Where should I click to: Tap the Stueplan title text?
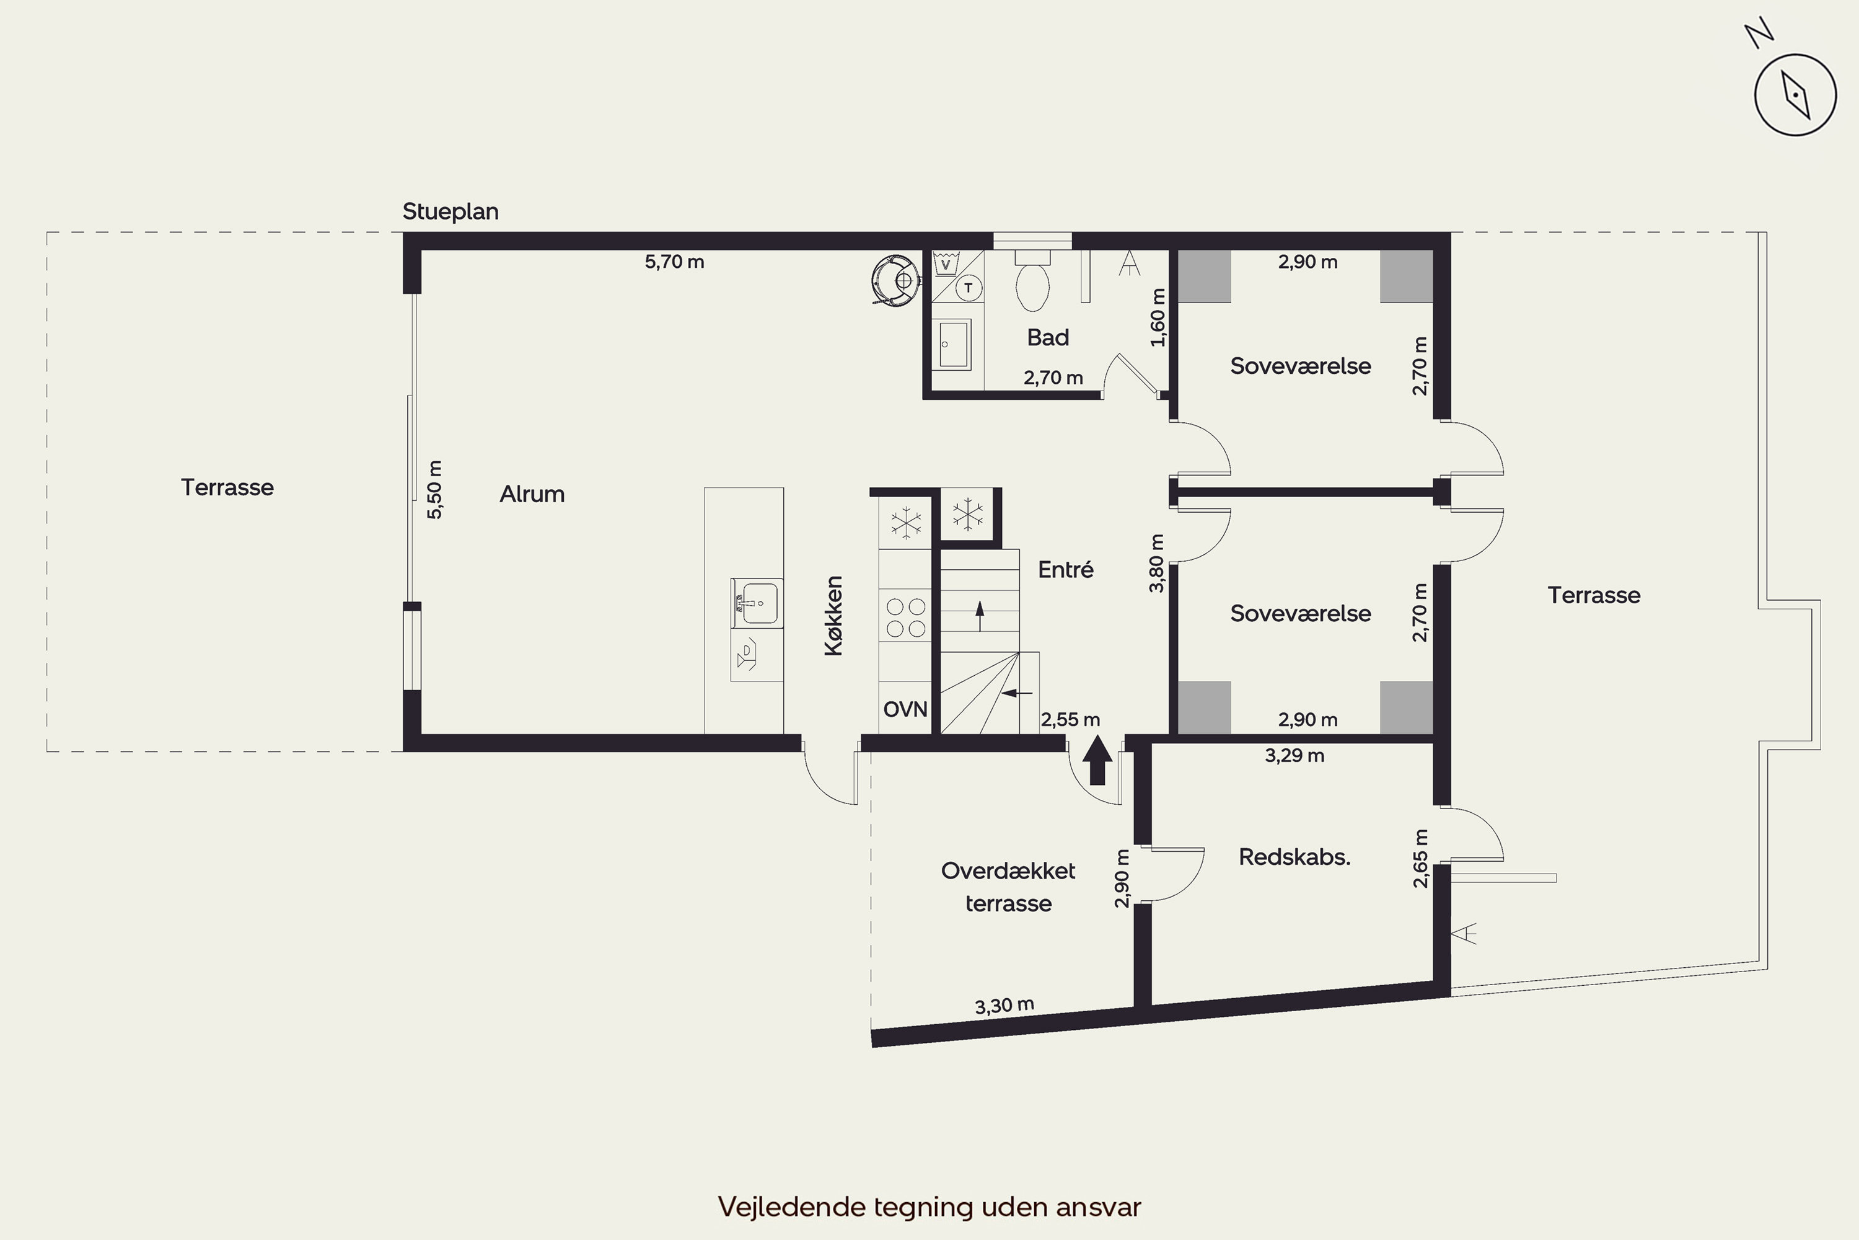450,212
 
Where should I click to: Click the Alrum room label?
532,494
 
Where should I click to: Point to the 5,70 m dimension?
674,262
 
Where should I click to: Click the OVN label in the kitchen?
905,709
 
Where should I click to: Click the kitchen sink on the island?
757,603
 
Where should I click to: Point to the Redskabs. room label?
1294,857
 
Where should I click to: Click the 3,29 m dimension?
1294,755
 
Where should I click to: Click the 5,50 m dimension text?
435,490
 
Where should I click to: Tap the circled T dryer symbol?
968,288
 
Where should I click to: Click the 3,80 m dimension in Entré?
1156,563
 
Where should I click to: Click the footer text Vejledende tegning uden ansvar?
929,1207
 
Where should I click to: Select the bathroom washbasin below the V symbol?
954,345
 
